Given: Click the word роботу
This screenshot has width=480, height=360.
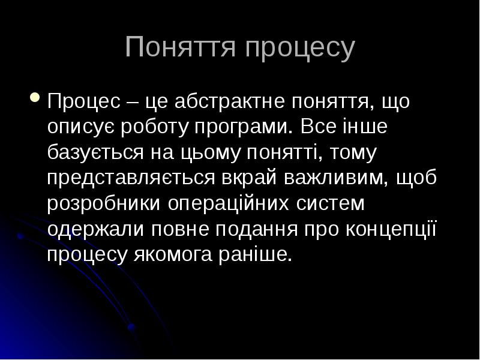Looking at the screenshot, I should [x=155, y=128].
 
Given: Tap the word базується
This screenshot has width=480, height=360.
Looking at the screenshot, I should [x=95, y=154].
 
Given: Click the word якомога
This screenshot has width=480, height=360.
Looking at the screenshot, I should [x=170, y=256].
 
